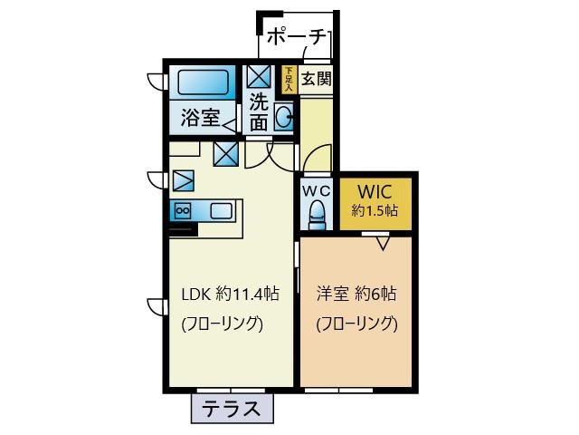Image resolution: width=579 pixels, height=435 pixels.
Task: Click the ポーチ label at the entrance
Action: click(297, 37)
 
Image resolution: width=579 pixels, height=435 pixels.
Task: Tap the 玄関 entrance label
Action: click(316, 79)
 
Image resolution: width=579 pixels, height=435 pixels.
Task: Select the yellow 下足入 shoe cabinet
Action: click(289, 79)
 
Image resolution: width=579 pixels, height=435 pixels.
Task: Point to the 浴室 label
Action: click(199, 117)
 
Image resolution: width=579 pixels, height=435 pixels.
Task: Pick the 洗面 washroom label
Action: click(259, 111)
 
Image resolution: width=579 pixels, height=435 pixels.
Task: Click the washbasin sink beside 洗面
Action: click(284, 116)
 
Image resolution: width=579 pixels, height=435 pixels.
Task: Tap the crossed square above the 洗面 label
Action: click(259, 76)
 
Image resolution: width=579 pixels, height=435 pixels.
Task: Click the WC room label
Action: click(316, 191)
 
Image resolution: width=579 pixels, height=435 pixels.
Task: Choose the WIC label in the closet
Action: click(374, 192)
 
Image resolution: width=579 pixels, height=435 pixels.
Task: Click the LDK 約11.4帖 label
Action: click(230, 294)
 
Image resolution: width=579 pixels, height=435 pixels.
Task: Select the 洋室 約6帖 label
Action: click(356, 294)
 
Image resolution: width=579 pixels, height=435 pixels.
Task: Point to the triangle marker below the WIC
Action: click(382, 242)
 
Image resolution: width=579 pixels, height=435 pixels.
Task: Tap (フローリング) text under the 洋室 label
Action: click(356, 324)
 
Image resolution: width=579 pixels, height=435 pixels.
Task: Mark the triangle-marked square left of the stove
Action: click(183, 179)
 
